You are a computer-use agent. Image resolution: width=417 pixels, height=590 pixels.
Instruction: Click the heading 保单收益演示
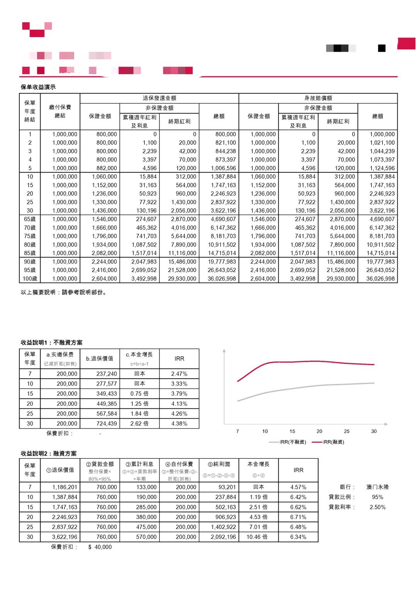(38, 87)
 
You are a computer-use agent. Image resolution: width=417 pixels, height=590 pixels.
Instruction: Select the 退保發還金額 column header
(159, 98)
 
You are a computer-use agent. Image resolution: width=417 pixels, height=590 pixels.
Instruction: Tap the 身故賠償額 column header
(318, 98)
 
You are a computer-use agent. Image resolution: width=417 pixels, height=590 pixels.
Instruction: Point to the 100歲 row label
(30, 279)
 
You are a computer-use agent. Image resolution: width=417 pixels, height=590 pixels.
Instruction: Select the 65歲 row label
(30, 219)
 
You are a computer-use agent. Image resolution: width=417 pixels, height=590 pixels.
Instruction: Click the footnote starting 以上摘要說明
(64, 292)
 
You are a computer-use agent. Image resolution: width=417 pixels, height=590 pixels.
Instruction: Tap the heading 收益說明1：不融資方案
(51, 342)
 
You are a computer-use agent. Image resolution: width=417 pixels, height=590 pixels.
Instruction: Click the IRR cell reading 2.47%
(179, 374)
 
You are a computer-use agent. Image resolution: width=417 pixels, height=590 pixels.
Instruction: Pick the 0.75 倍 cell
(139, 394)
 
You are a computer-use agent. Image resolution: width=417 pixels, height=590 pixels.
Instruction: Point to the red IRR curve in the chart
(293, 362)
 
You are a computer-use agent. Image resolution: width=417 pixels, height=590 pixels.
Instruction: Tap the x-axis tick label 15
(292, 431)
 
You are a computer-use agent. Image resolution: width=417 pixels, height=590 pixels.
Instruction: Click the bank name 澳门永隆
(378, 487)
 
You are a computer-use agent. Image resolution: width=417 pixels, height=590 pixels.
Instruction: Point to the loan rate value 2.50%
(378, 507)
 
